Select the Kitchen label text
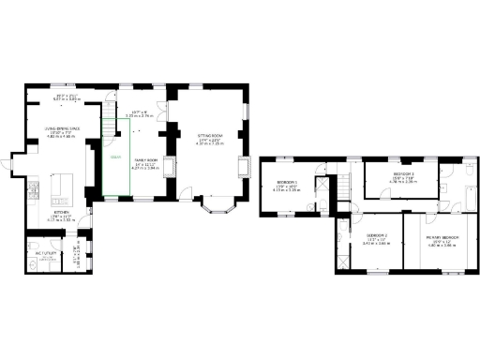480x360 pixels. pos(60,213)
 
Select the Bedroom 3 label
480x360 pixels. pos(404,174)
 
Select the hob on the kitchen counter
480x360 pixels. pos(32,191)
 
